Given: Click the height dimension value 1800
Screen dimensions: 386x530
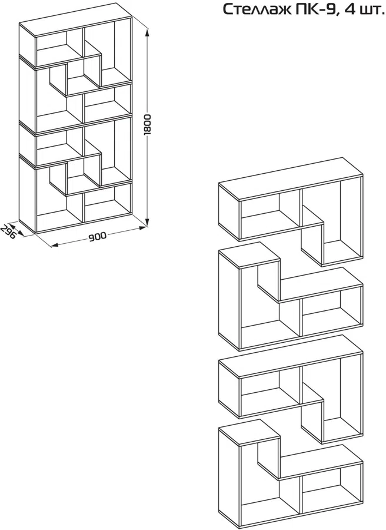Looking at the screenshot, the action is click(148, 125).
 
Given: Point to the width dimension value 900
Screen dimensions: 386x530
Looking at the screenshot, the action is click(97, 237).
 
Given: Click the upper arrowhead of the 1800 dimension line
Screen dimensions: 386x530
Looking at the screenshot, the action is click(147, 32).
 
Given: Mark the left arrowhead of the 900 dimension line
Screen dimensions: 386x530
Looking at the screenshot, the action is click(54, 245).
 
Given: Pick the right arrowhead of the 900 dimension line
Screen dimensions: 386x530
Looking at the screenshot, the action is click(143, 228).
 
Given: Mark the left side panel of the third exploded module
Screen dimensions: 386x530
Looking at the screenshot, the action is click(229, 389).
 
